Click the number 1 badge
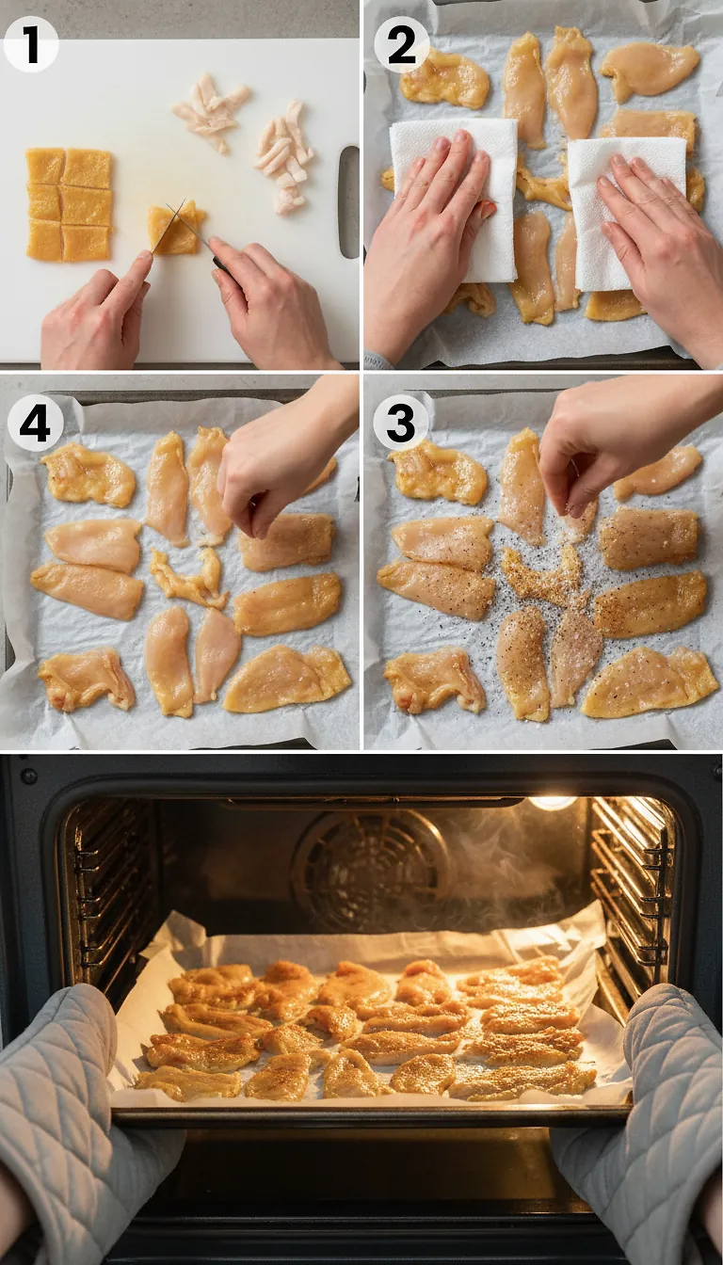point(30,43)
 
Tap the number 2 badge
point(401,44)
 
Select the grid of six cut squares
point(69,204)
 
